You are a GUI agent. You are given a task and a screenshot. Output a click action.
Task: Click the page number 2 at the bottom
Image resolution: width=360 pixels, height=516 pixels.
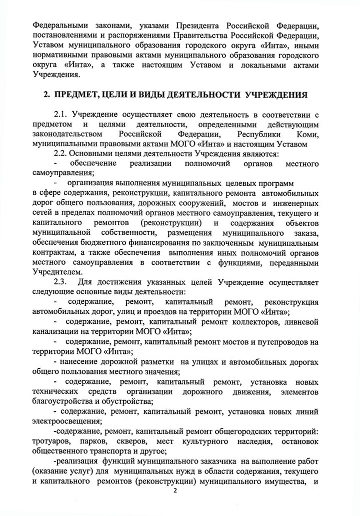pos(175,490)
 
